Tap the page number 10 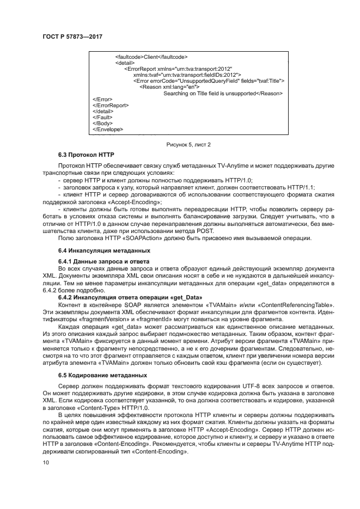tap(46, 462)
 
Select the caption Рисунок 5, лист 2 tap(188, 144)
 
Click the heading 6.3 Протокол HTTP tap(87, 155)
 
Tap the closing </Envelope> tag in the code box tap(108, 130)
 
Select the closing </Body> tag tap(102, 123)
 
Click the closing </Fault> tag tap(103, 117)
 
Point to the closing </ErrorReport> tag tap(111, 105)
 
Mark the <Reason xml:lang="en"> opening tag tap(169, 87)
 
